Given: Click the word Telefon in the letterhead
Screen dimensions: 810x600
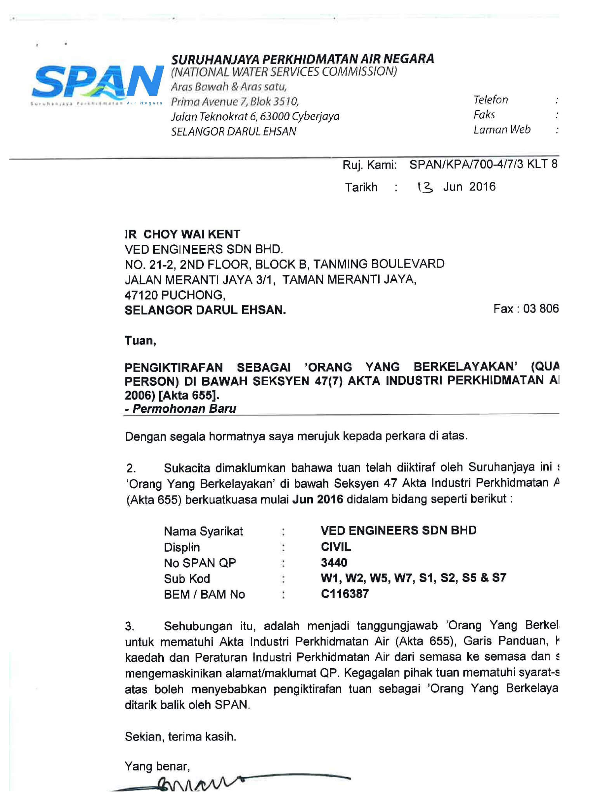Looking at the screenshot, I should (x=491, y=100).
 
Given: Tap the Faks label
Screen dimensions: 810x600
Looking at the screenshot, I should (x=484, y=114).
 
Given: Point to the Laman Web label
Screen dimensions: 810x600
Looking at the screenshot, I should (x=502, y=130).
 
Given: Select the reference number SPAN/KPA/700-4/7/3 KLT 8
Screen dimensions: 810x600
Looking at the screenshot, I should (x=483, y=164).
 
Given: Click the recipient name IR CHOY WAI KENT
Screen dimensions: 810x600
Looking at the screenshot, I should (x=182, y=234).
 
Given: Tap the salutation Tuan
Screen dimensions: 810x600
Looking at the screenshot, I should (x=140, y=341).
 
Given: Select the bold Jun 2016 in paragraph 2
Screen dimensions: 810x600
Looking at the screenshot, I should (x=317, y=499).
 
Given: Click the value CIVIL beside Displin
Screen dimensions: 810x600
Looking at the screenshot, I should (x=336, y=547).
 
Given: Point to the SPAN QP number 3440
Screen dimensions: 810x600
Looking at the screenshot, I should (x=334, y=562).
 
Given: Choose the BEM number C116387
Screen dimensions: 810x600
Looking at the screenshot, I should (x=345, y=594).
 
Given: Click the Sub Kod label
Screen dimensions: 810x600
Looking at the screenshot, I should (x=187, y=579).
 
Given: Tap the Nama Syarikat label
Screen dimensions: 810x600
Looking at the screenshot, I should (x=203, y=531).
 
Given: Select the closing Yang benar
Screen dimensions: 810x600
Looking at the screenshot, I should (x=157, y=766).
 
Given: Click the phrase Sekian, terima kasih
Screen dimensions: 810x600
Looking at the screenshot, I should (x=180, y=736).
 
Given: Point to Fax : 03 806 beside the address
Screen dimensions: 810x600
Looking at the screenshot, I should (x=526, y=309).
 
